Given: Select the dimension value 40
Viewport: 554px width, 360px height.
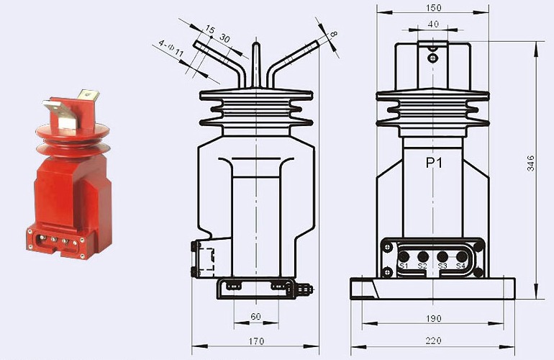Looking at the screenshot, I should [432, 24].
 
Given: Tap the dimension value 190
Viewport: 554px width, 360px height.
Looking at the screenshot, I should [432, 318].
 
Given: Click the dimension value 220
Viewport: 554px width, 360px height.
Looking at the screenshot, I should [432, 341].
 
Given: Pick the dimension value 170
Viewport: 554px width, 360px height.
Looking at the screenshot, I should [256, 341].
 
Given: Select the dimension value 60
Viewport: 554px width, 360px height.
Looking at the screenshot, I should [256, 318].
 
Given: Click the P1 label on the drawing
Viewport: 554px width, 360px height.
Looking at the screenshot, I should [433, 163].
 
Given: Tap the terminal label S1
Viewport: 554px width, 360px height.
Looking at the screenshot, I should [404, 266].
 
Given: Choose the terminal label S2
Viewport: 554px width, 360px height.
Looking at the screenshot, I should [423, 266].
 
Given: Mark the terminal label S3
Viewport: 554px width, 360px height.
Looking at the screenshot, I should [442, 266].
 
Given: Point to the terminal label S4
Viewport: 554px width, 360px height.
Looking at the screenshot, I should [461, 266].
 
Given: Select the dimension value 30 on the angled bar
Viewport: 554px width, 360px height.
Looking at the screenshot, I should [224, 37].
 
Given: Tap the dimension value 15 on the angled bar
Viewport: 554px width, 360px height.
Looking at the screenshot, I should [209, 30].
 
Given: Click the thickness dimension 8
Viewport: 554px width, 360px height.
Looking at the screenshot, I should [333, 34].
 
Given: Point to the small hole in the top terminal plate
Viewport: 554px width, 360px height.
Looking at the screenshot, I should [432, 58].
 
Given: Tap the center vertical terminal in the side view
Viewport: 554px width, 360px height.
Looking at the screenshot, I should [256, 65].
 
